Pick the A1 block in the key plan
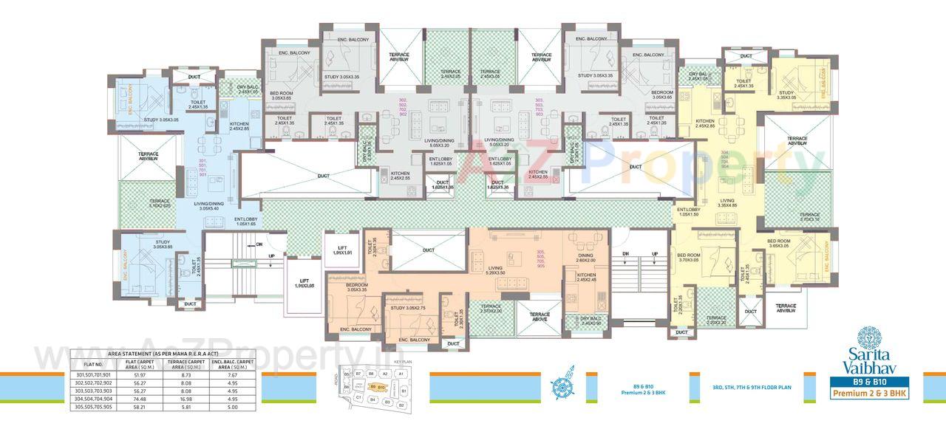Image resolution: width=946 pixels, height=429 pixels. click(401, 374)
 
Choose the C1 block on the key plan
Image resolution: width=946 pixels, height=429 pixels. click(358, 397)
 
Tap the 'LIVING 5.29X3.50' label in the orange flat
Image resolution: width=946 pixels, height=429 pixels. click(496, 270)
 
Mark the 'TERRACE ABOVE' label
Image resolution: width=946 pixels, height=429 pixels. click(539, 317)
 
